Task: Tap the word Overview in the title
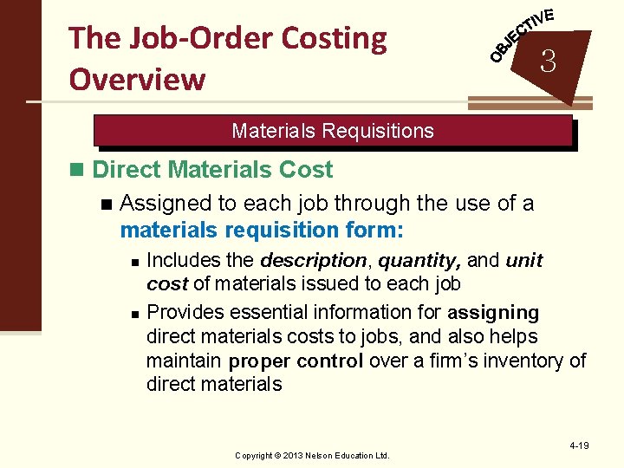pyautogui.click(x=137, y=79)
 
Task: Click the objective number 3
pyautogui.click(x=548, y=61)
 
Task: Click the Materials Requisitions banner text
pyautogui.click(x=333, y=131)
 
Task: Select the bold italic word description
pyautogui.click(x=314, y=260)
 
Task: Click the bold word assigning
pyautogui.click(x=494, y=312)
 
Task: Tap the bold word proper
pyautogui.click(x=261, y=361)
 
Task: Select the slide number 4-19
pyautogui.click(x=579, y=445)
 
